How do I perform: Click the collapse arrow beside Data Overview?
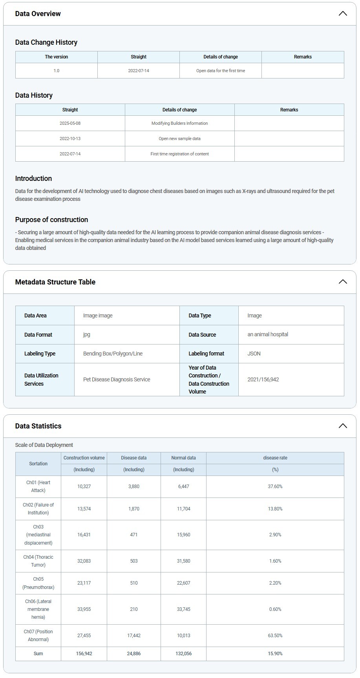(342, 14)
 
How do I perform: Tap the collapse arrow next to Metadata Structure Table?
(342, 282)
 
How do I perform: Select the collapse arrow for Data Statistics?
(342, 426)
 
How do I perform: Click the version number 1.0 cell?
(57, 71)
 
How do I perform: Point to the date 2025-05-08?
(70, 123)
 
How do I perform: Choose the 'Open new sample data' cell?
(179, 139)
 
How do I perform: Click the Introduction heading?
(33, 179)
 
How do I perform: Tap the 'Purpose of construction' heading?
(51, 220)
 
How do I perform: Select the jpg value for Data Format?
(87, 335)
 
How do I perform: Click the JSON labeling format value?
(254, 354)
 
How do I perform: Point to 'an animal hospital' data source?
(268, 335)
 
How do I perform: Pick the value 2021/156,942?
(263, 379)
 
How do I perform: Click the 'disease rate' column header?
(275, 458)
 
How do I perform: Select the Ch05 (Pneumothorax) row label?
(38, 583)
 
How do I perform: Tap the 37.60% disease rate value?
(275, 487)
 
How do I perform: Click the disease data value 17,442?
(133, 636)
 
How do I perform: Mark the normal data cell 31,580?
(183, 561)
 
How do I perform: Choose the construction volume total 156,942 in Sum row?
(84, 654)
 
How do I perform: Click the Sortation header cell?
(38, 464)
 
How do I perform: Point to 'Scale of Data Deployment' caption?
(44, 445)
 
